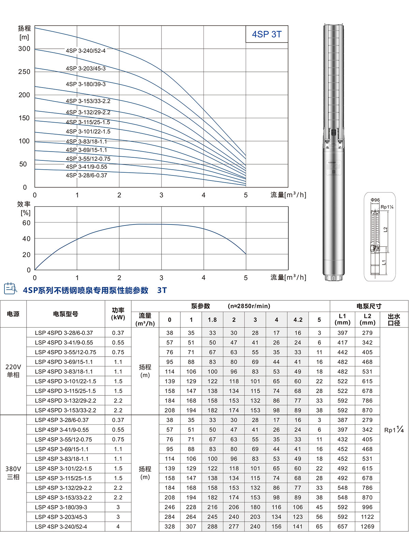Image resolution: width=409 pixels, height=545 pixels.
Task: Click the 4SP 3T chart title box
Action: (x=267, y=34)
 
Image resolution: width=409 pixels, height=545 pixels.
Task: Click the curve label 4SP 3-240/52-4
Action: (x=86, y=51)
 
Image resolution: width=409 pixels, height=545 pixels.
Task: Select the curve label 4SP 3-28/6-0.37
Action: (x=86, y=175)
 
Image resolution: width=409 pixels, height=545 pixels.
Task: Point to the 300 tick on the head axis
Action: (x=24, y=49)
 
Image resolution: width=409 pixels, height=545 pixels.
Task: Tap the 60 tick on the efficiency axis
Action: (x=26, y=223)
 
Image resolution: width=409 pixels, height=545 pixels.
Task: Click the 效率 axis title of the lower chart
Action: (x=24, y=204)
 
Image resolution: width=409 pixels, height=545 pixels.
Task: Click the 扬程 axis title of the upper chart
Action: (x=24, y=29)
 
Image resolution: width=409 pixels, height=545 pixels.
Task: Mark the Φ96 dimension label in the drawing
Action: (x=375, y=200)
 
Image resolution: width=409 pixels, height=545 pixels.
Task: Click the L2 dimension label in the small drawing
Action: (x=385, y=230)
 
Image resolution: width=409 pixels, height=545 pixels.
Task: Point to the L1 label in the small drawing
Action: (x=384, y=262)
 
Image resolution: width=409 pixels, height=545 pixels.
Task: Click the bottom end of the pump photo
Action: (x=333, y=278)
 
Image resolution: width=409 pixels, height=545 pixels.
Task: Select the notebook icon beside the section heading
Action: (x=10, y=289)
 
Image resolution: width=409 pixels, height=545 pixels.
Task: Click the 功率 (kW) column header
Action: (x=118, y=314)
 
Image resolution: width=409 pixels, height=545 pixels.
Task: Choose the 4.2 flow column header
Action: (x=298, y=320)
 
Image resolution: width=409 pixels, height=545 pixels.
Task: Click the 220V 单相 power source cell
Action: (x=13, y=371)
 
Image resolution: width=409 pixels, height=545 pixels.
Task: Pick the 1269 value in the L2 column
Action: (x=367, y=527)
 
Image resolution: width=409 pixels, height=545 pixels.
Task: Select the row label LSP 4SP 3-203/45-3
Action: (x=61, y=517)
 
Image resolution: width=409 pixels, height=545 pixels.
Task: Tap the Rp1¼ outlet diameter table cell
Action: (x=394, y=430)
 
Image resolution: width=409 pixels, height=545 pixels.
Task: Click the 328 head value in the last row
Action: (x=170, y=527)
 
